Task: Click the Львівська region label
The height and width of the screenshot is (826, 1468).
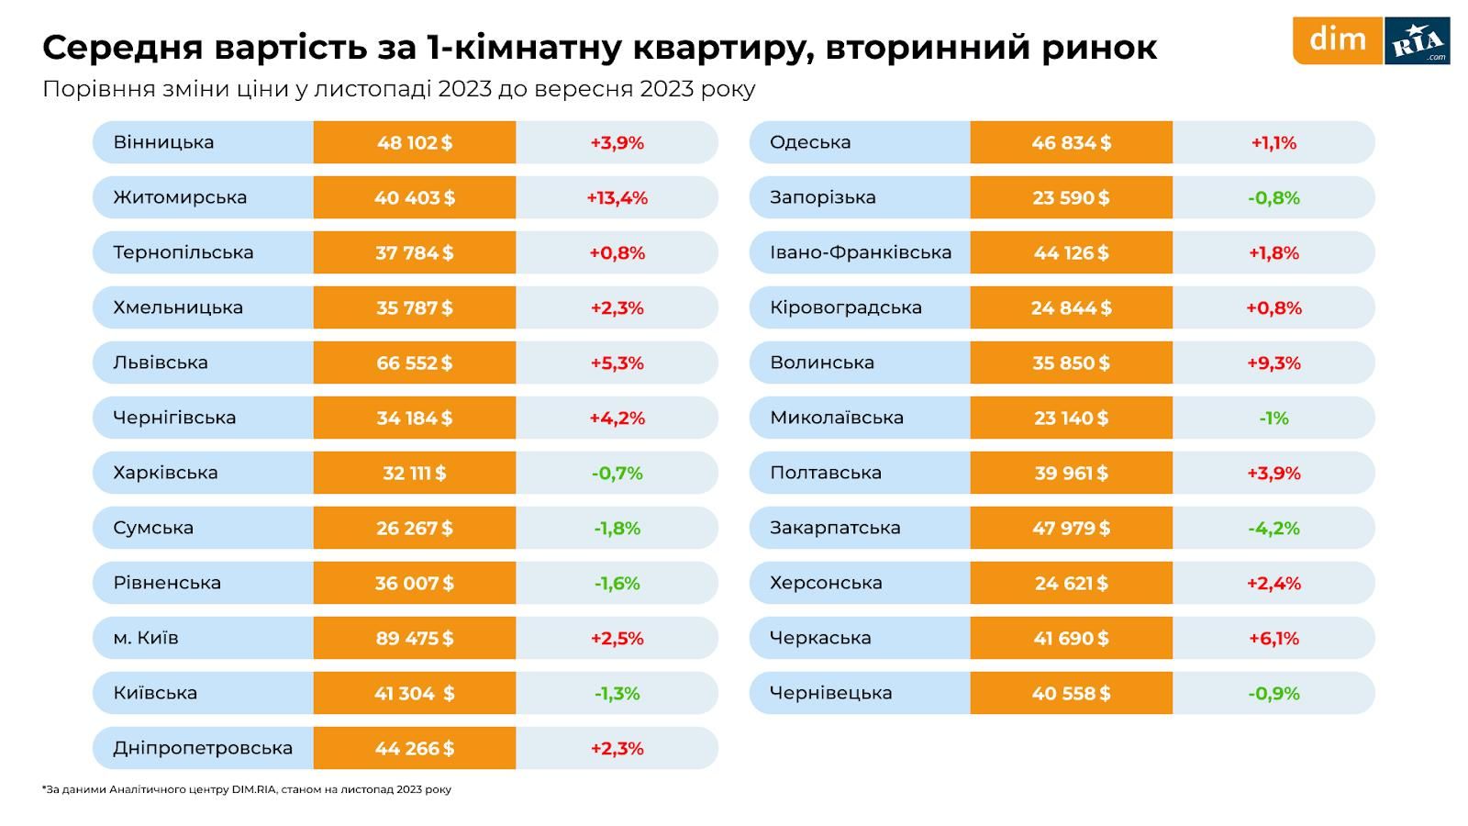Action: [x=161, y=363]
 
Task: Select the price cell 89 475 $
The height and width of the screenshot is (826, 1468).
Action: [x=415, y=638]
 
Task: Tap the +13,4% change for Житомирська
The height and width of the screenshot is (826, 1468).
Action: [x=617, y=197]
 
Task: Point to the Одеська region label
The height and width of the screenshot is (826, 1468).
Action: [x=810, y=142]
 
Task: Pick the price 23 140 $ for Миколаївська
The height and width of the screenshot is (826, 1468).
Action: [x=1071, y=418]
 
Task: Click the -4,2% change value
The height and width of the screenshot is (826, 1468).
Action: [x=1273, y=528]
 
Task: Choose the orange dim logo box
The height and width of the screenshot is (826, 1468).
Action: [x=1337, y=40]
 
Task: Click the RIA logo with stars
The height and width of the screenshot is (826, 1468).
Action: [x=1417, y=41]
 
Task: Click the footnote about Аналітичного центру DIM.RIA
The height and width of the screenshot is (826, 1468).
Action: [x=247, y=789]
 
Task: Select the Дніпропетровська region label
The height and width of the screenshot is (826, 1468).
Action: [x=203, y=748]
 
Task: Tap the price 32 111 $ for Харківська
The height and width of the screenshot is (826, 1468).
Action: [x=415, y=473]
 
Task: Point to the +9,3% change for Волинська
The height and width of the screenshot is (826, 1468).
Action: [x=1273, y=363]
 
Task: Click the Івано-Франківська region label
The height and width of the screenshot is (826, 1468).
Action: [x=861, y=252]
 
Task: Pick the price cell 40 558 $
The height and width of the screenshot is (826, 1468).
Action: [x=1071, y=693]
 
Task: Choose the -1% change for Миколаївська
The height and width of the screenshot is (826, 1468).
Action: [x=1273, y=418]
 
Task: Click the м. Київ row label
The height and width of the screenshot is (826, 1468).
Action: [x=146, y=638]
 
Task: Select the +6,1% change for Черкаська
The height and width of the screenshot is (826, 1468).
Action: [x=1273, y=638]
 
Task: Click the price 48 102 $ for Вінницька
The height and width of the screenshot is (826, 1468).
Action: [x=415, y=142]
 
